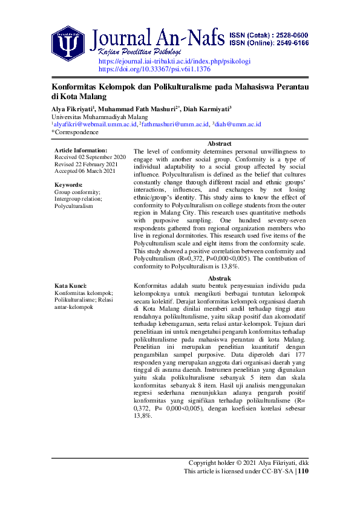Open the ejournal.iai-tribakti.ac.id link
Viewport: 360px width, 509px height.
pos(174,62)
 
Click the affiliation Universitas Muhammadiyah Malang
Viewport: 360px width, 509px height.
pos(100,117)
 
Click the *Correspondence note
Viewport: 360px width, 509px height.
pos(75,132)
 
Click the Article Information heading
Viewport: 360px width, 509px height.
pos(80,150)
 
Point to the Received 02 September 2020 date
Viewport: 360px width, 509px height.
pos(90,157)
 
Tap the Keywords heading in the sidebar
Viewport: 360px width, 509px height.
pos(68,185)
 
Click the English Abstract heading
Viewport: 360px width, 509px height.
pos(219,143)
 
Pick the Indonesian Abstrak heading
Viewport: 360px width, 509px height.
pos(219,278)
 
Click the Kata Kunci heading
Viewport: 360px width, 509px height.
pos(70,286)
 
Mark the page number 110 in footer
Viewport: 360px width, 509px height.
pos(304,472)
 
